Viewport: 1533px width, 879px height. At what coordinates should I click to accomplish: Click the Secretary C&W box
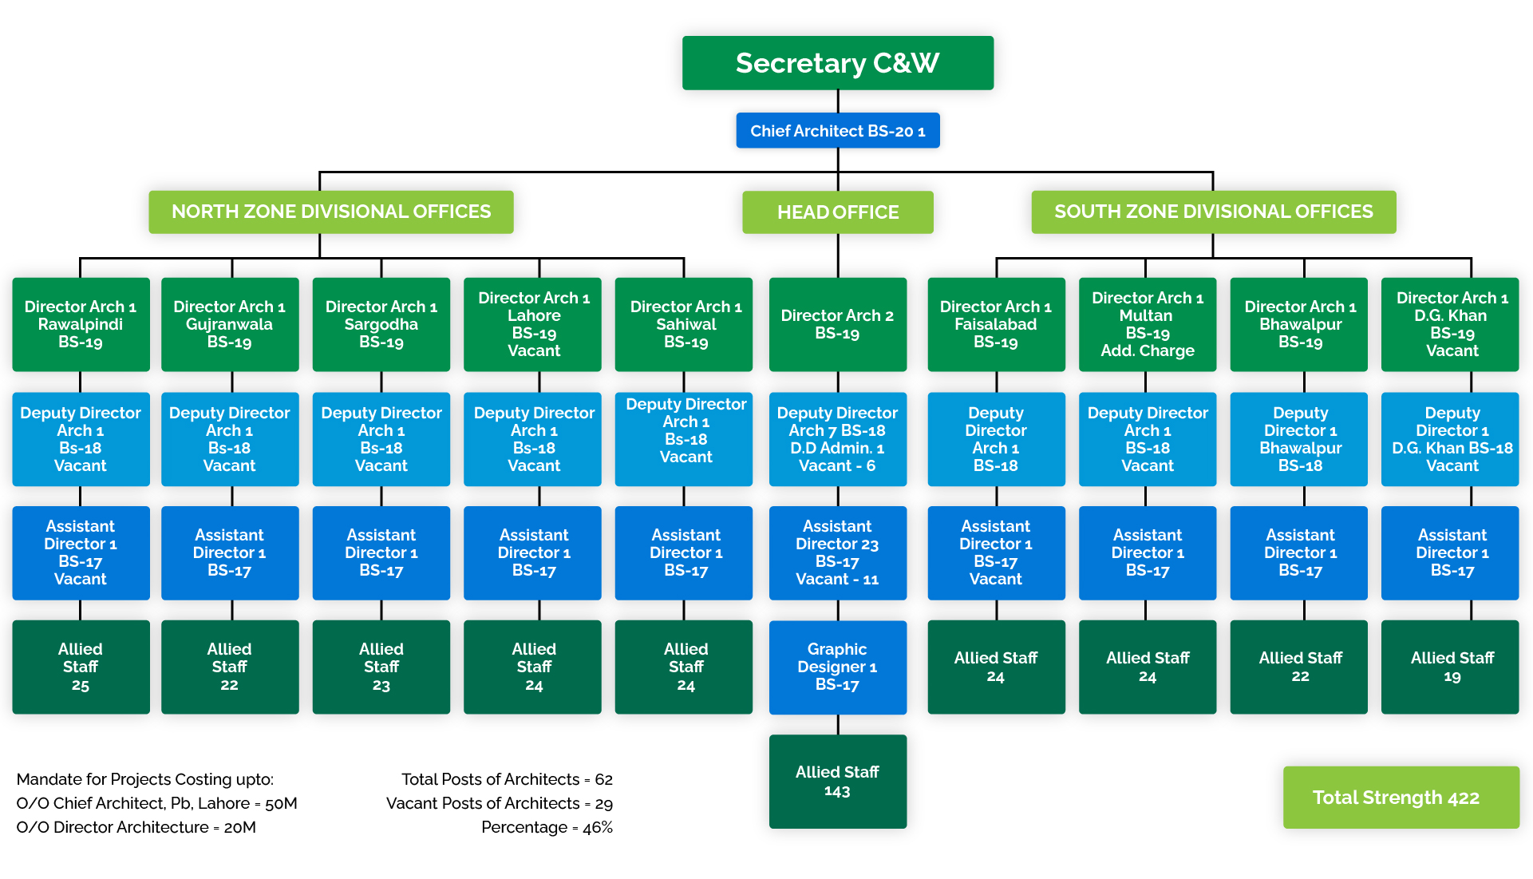coord(837,63)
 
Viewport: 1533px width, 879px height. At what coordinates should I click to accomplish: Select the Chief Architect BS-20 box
coord(837,131)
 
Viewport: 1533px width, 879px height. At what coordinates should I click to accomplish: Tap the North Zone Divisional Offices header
coord(330,212)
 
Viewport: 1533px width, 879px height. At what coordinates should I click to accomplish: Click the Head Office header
coord(837,212)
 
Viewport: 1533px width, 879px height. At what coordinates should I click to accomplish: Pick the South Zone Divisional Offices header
coord(1213,212)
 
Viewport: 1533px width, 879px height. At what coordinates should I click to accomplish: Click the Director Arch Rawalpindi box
coord(81,324)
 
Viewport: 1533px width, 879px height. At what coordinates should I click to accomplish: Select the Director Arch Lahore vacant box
coord(533,324)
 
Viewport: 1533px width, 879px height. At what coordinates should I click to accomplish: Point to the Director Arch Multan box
coord(1147,324)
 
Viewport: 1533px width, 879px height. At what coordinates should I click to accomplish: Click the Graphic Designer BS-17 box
coord(837,667)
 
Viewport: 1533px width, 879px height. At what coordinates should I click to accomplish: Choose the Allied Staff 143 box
coord(837,781)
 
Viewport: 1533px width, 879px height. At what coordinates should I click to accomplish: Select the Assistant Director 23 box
coord(837,552)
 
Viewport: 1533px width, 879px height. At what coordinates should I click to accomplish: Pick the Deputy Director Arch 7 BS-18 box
coord(837,439)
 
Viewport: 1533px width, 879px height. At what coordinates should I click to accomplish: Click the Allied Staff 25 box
coord(81,667)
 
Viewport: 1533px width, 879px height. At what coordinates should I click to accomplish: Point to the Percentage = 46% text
coord(547,827)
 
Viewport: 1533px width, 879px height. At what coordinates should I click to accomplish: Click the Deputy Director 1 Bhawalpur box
coord(1299,439)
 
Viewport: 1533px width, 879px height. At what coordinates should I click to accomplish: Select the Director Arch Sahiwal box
coord(684,324)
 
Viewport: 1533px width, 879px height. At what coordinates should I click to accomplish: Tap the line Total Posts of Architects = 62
coord(507,779)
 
